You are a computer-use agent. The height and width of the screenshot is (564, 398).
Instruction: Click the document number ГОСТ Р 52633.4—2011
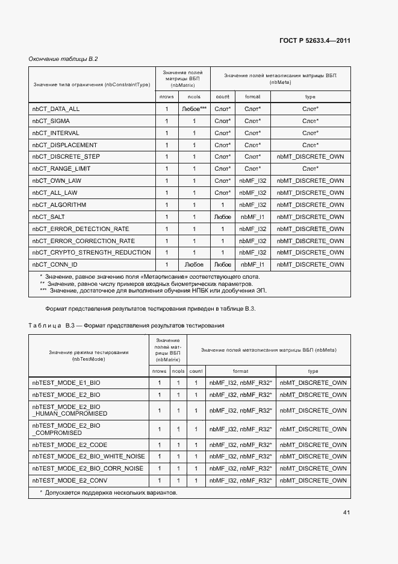coord(315,41)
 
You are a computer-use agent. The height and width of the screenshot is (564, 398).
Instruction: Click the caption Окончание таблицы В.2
coord(63,59)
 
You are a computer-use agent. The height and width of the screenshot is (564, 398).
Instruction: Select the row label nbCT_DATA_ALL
coord(56,109)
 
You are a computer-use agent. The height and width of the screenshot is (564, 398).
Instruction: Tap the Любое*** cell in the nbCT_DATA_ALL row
coord(194,109)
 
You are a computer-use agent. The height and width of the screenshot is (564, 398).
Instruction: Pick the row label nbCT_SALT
coord(49,217)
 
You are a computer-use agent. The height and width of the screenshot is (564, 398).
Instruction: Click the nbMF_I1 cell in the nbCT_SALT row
coord(252,217)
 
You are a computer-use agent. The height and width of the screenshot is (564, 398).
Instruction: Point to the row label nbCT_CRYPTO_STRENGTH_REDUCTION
coord(92,252)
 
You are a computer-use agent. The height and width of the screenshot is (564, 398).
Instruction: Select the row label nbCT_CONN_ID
coord(55,264)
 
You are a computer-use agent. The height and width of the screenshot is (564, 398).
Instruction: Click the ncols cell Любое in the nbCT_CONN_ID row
coord(194,264)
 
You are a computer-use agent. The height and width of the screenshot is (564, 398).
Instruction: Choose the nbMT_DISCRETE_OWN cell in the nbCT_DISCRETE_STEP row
coord(310,157)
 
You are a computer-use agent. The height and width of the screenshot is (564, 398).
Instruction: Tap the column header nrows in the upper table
coord(166,97)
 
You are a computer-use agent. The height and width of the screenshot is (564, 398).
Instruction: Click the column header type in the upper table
coord(310,97)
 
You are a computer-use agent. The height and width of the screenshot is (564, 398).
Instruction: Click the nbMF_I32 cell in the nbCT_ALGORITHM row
coord(252,204)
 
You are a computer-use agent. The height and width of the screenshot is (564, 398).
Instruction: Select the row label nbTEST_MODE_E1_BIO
coord(66,383)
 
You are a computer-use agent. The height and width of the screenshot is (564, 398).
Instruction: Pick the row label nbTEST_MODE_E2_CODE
coord(68,445)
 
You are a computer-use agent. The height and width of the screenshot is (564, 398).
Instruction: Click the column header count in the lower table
coord(196,371)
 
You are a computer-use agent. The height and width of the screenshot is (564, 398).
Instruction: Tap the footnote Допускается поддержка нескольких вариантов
coord(108,493)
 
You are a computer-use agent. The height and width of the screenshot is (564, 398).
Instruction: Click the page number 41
coord(346,512)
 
